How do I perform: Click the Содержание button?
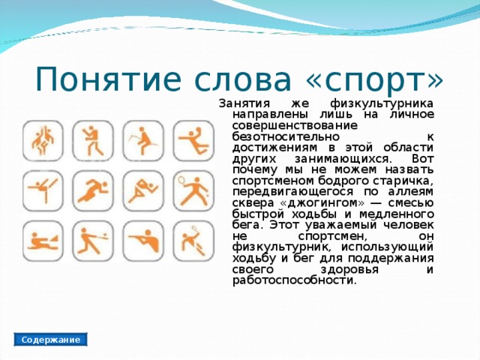pyautogui.click(x=51, y=340)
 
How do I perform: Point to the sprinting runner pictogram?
pyautogui.click(x=93, y=187)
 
